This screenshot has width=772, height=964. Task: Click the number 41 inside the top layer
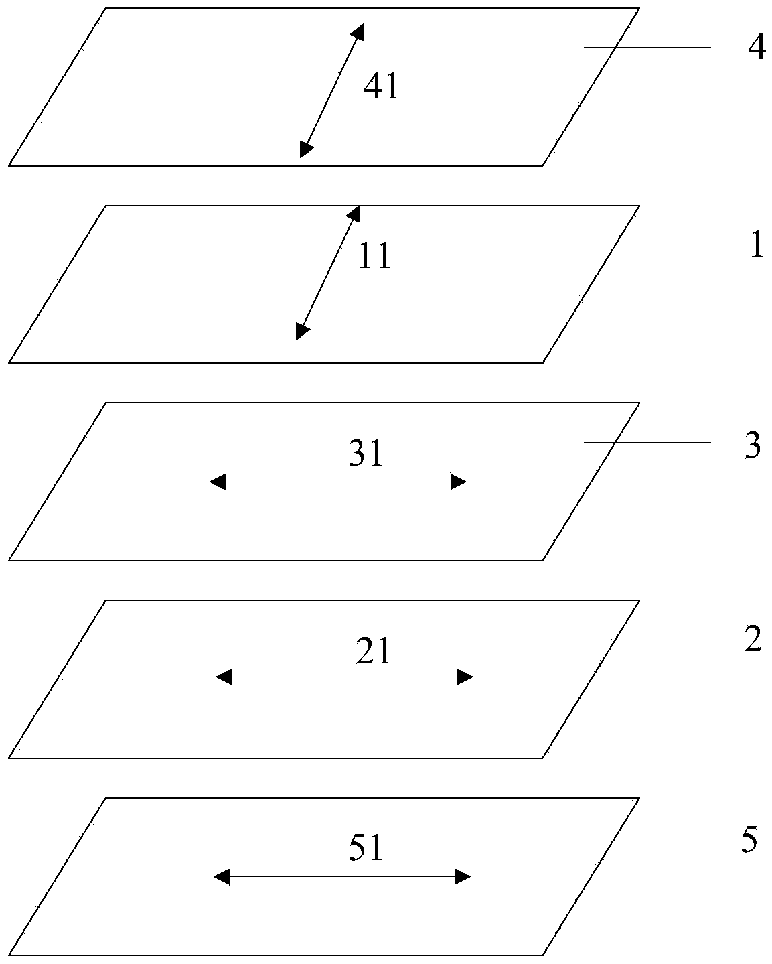pos(382,86)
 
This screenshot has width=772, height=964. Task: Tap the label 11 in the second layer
pos(374,256)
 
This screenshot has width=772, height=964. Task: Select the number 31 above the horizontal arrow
pos(365,455)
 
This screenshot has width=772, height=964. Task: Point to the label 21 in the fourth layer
pos(373,651)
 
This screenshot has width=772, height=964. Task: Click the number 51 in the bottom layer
pos(366,849)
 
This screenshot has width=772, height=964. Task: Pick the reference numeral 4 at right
pos(756,48)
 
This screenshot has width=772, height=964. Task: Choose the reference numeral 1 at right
pos(756,246)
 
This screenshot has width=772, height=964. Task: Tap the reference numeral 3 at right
pos(753,445)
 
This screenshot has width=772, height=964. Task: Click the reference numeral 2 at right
pos(753,640)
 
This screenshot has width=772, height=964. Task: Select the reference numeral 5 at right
pos(749,839)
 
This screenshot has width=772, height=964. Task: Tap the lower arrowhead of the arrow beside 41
pos(306,150)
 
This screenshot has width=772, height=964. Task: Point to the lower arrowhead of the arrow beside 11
pos(303,332)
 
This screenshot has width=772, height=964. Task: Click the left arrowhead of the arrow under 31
pos(218,482)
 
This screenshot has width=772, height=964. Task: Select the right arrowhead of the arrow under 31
pos(459,482)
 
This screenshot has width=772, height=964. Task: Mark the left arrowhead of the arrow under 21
pos(224,677)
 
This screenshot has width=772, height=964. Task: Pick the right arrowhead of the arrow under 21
pos(465,677)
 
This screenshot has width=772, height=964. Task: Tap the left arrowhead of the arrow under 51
pos(222,877)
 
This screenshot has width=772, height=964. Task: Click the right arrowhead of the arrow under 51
pos(463,877)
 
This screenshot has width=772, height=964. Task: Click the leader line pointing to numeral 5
pos(643,837)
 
